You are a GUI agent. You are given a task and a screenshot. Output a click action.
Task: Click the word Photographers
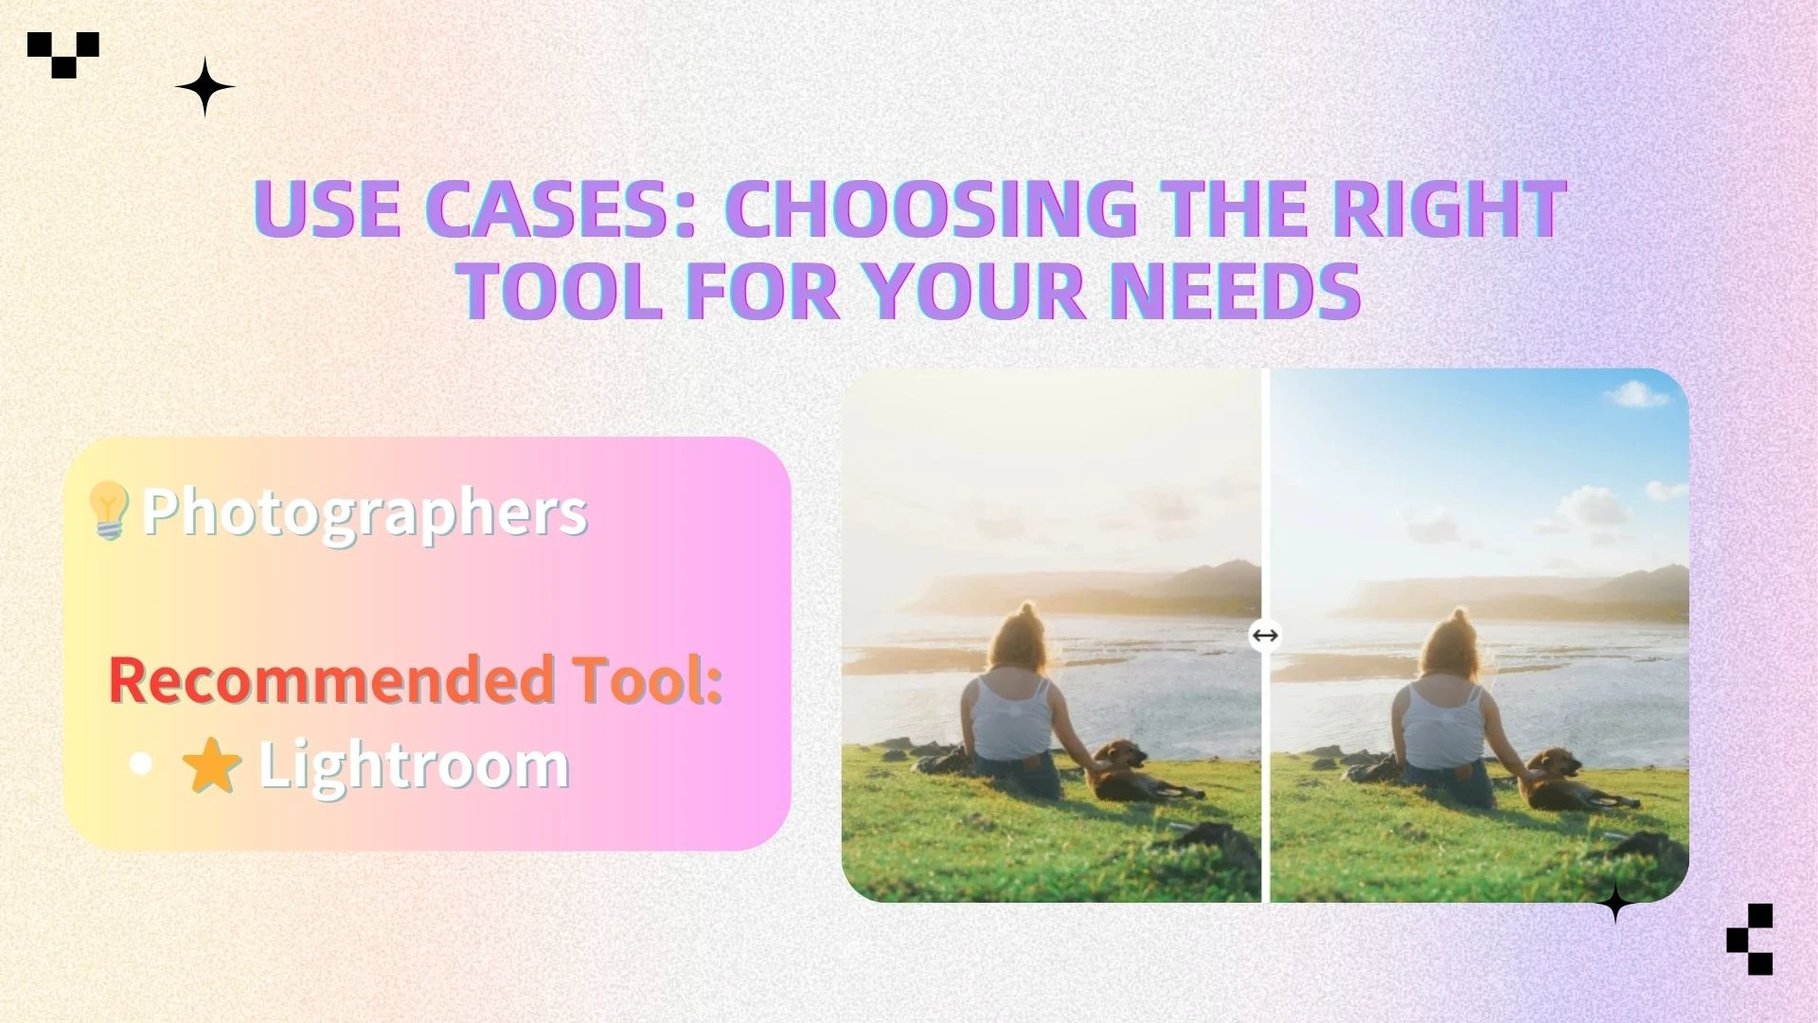365,512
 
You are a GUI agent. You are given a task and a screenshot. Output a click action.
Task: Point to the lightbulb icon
108,511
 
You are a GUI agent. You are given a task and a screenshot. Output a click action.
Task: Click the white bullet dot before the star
141,765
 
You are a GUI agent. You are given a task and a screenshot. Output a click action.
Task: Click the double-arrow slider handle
1265,635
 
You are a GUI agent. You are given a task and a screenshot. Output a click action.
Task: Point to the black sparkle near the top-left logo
205,86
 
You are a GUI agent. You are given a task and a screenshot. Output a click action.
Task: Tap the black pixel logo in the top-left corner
63,55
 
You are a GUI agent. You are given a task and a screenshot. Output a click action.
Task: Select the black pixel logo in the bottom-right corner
1750,939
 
